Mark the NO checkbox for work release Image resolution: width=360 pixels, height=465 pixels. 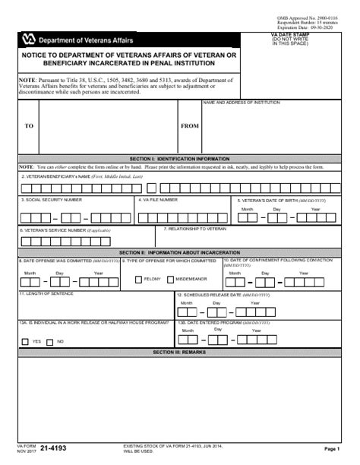tap(51, 341)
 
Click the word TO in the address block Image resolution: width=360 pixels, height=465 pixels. tap(29, 126)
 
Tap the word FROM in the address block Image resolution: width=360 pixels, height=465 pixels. tap(190, 126)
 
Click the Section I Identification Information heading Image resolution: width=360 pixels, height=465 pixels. tap(180, 158)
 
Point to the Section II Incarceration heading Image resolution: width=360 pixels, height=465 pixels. tap(180, 251)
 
